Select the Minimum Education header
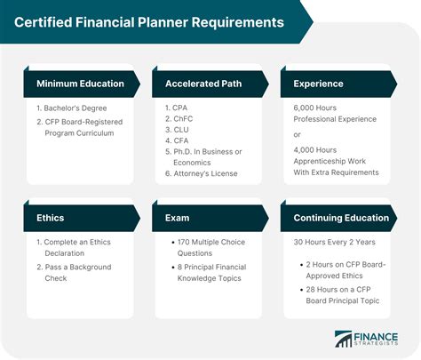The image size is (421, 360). pos(79,84)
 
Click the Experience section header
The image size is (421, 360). pos(312,84)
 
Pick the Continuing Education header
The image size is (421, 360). pos(337,218)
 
